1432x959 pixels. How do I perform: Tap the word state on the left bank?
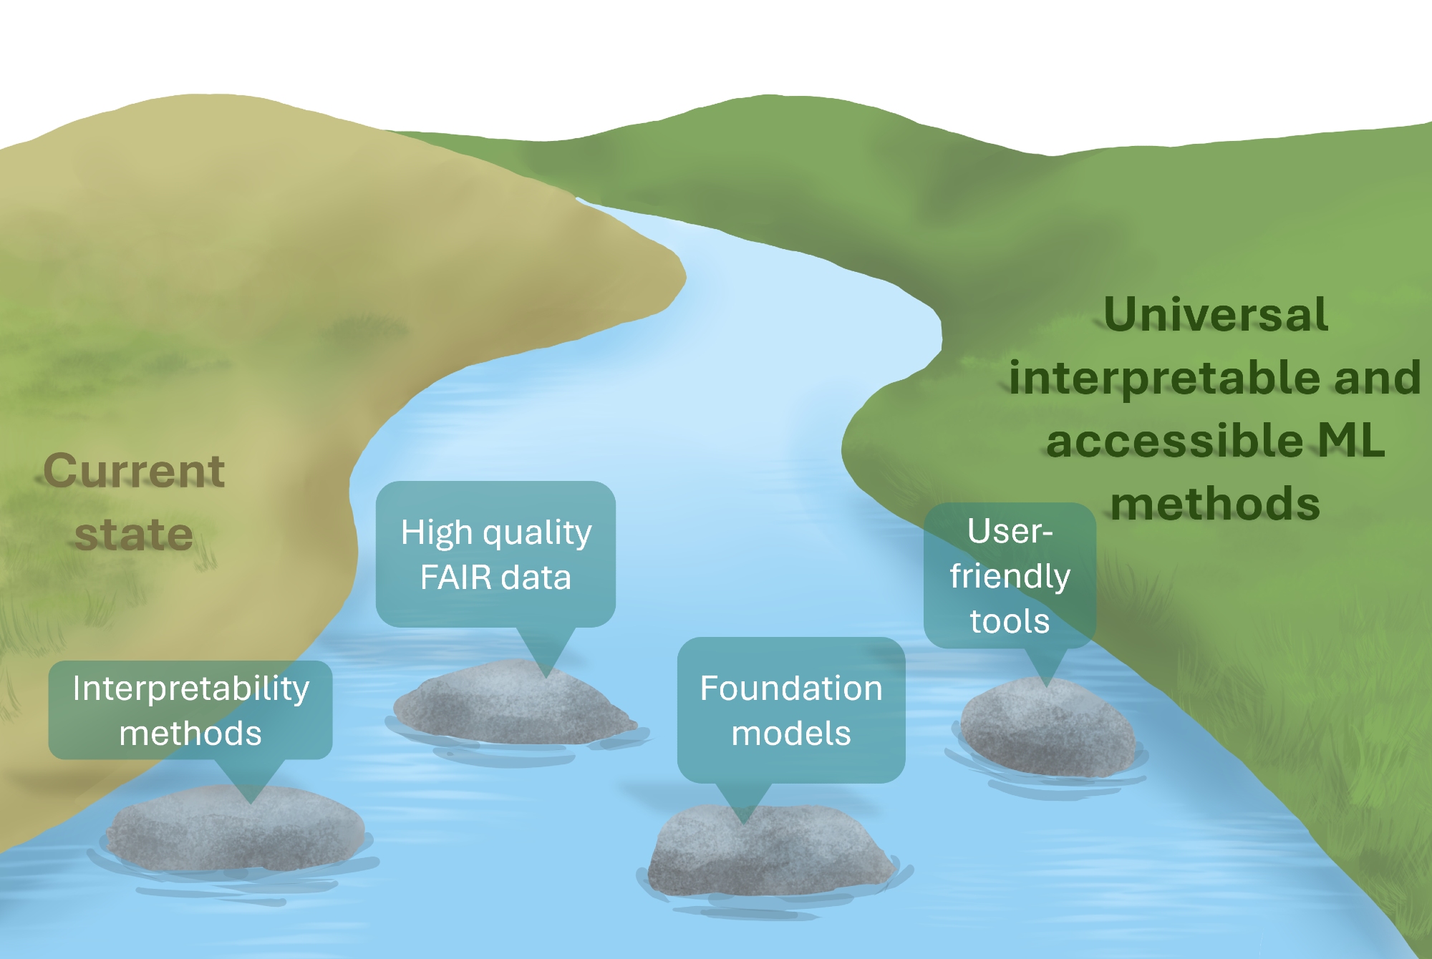(x=134, y=534)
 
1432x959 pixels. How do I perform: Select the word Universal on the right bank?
(x=1216, y=314)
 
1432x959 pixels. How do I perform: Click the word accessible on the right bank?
(x=1174, y=440)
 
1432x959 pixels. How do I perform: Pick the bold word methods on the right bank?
(x=1215, y=503)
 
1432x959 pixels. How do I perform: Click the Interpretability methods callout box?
(x=190, y=710)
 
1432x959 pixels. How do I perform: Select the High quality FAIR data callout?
(x=495, y=554)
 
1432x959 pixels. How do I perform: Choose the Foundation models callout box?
(x=791, y=710)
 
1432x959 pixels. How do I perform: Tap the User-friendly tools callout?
(x=1010, y=575)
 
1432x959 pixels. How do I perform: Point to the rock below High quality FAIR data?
(x=512, y=705)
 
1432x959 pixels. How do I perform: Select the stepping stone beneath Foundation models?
(x=770, y=852)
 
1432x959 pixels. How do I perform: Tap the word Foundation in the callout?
(x=791, y=688)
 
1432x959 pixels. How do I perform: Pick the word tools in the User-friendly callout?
(x=1010, y=621)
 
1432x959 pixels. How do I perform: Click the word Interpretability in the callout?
(x=190, y=688)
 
